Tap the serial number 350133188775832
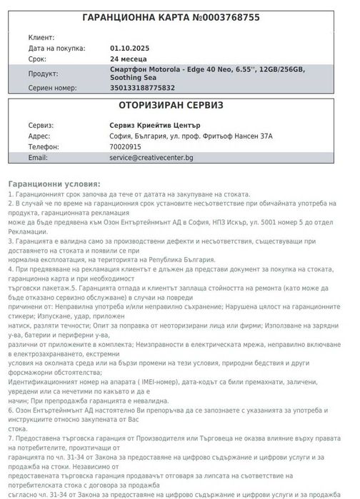click(143, 88)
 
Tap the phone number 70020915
click(126, 146)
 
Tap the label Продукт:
click(44, 73)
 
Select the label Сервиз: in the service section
click(41, 125)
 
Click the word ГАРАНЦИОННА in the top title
click(124, 17)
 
